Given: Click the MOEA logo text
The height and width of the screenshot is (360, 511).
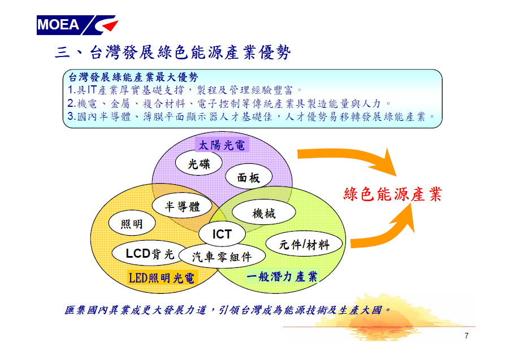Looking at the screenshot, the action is [58, 25].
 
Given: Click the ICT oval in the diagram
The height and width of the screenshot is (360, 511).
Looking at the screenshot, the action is [222, 234].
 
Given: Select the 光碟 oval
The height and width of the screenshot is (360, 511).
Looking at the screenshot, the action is [199, 163].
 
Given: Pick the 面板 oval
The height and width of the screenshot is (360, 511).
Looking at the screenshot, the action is [249, 177].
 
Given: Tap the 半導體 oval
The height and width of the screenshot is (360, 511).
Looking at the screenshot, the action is [182, 206].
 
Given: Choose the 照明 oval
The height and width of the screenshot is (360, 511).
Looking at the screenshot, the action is [132, 223].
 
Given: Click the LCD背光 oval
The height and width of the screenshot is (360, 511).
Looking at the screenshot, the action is [150, 253].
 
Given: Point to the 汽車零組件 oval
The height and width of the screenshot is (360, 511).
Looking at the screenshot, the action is [222, 257].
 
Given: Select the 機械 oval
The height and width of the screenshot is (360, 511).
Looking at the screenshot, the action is [263, 212].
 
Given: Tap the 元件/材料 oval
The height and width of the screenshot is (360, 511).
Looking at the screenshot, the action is [304, 244].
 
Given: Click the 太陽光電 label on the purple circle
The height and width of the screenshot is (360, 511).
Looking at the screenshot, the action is [222, 145].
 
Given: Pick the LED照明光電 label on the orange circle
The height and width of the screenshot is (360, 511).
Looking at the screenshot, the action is [162, 278].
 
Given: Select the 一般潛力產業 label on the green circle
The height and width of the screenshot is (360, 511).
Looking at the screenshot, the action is [282, 276].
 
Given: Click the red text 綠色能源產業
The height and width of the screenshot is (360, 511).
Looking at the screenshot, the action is [393, 194].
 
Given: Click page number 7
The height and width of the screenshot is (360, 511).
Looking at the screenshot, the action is [467, 336].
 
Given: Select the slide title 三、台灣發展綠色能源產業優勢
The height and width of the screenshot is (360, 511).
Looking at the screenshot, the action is [172, 52].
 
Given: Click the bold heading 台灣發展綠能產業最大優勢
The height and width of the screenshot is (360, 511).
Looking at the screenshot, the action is [133, 77].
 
